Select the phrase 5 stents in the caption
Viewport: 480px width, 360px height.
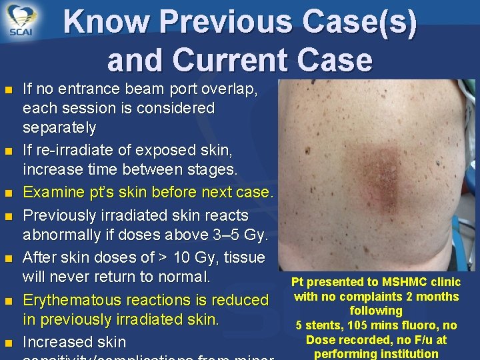[x=317, y=325]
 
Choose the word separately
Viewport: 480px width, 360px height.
[x=59, y=127]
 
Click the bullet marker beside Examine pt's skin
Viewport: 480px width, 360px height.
[x=8, y=193]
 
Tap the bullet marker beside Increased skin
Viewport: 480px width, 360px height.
[x=8, y=343]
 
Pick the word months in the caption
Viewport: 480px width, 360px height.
[x=437, y=297]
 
